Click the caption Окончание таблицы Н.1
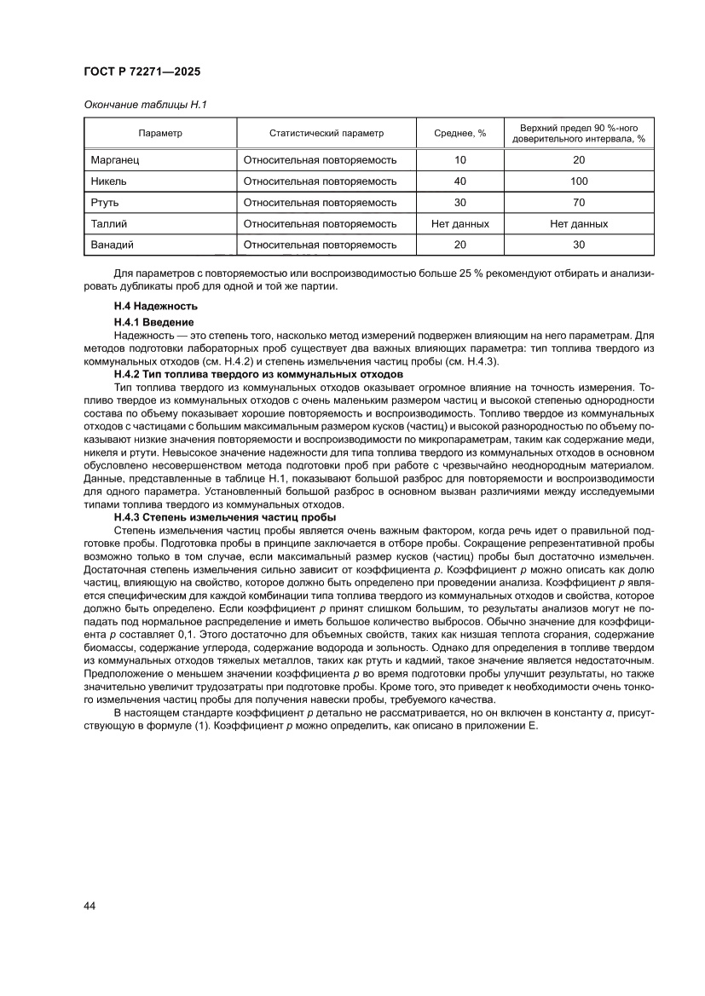[146, 105]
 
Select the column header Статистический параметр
[326, 133]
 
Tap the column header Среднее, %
[459, 133]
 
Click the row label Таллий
[108, 224]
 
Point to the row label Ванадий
[112, 245]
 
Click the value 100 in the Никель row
[579, 181]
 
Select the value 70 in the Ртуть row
[579, 203]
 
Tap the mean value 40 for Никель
[460, 181]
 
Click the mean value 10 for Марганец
[460, 160]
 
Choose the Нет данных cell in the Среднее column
[460, 224]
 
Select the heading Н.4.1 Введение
[153, 322]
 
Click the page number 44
[90, 906]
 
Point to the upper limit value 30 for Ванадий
[579, 245]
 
